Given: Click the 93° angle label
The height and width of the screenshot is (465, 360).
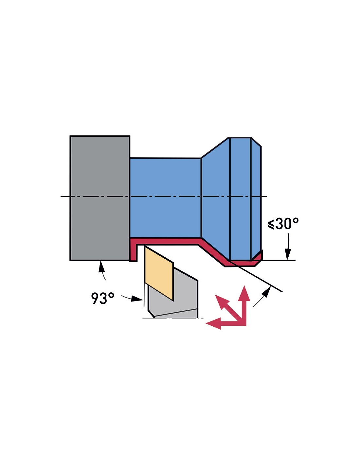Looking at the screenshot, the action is (102, 298).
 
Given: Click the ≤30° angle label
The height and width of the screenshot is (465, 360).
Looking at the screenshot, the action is (283, 224).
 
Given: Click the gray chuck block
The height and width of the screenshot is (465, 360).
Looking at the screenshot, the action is (100, 198).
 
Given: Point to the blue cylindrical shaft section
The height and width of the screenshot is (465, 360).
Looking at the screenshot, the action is (165, 198).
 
